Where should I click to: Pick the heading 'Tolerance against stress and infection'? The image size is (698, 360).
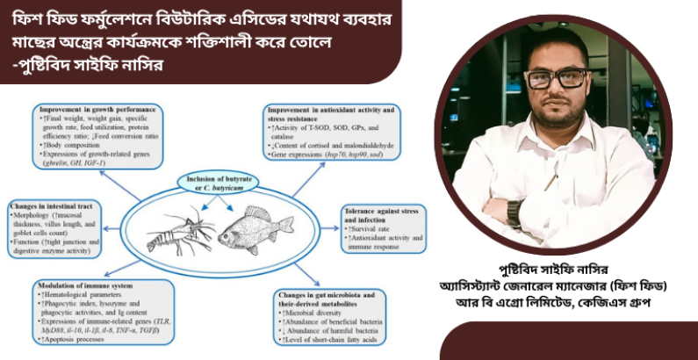385,211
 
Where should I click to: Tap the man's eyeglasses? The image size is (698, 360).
555,78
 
